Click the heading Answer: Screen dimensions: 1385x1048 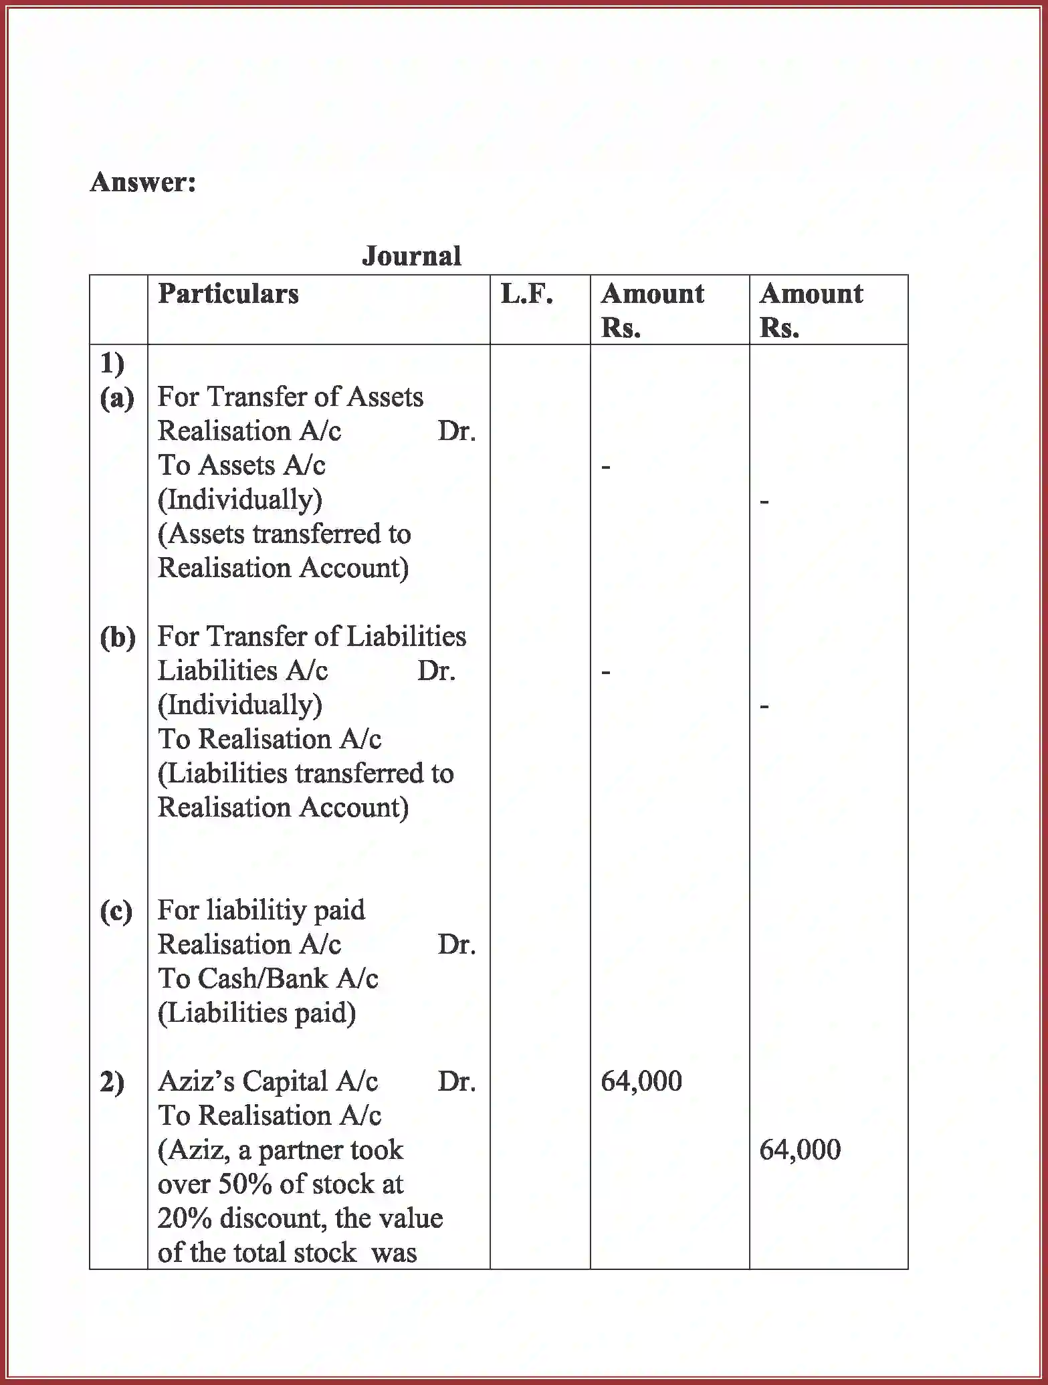(x=143, y=182)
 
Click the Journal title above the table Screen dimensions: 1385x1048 (x=411, y=256)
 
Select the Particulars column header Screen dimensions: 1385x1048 (x=228, y=294)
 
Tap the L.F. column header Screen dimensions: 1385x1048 (x=526, y=294)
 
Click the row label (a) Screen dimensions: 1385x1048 (x=117, y=398)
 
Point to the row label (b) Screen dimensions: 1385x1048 (x=118, y=637)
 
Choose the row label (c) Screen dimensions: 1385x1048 (x=116, y=911)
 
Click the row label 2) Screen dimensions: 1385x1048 (x=112, y=1082)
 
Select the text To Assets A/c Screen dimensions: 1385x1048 (x=241, y=465)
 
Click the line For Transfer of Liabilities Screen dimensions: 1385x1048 (x=312, y=637)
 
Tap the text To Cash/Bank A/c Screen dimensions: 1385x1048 (x=268, y=979)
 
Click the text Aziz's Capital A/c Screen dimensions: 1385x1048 (x=268, y=1082)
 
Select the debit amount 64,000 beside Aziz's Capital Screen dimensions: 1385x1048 (x=641, y=1082)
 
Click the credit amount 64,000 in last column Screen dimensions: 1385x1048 (x=800, y=1150)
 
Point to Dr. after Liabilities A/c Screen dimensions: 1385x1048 (x=436, y=671)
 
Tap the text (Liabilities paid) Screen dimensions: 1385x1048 (x=257, y=1013)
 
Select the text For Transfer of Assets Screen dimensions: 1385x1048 (x=290, y=397)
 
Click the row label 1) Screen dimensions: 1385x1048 (x=112, y=364)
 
